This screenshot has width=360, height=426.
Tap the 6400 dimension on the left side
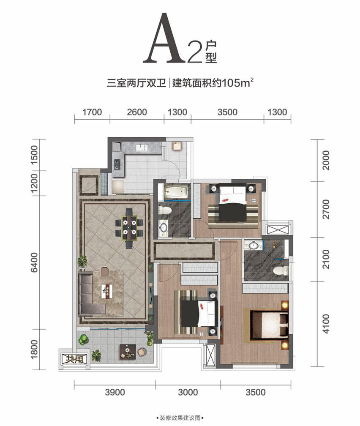35,262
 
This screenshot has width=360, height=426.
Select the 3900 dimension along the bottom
115,392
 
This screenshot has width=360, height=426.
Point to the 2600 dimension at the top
137,112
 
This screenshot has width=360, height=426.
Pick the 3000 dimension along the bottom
188,392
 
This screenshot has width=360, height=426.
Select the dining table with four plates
129,228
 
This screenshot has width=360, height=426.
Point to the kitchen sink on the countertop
140,147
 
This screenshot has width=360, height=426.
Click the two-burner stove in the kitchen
117,164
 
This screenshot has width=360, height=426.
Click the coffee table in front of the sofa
107,291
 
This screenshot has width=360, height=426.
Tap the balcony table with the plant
128,352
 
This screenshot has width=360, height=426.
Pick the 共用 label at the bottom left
74,359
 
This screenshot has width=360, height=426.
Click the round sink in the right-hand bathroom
253,245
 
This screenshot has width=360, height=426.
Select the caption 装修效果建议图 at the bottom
180,418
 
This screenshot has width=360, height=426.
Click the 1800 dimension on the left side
35,350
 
